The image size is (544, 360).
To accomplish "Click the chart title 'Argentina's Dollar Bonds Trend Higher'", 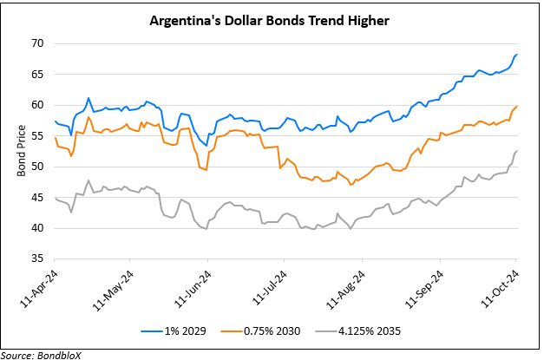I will [272, 19].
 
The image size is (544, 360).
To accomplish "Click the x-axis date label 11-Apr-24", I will [38, 287].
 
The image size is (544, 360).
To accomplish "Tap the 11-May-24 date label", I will [114, 287].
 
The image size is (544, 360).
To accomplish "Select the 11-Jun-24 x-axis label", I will [191, 287].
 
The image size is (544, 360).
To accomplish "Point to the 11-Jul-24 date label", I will [265, 287].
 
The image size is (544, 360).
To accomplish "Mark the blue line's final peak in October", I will [517, 55].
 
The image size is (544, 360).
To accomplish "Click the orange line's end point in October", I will [517, 106].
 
